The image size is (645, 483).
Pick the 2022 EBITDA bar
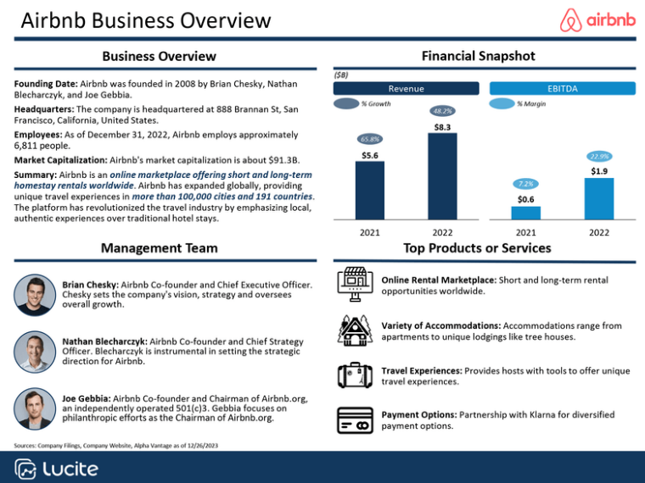pyautogui.click(x=599, y=198)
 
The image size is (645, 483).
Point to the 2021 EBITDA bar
pyautogui.click(x=525, y=213)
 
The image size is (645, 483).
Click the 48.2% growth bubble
pyautogui.click(x=442, y=110)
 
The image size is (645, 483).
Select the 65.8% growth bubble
pyautogui.click(x=369, y=139)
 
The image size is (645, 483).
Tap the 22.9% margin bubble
pyautogui.click(x=599, y=157)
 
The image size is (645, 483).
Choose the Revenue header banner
pyautogui.click(x=406, y=88)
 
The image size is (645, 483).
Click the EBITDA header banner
pyautogui.click(x=563, y=88)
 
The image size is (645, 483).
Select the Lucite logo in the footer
pyautogui.click(x=57, y=469)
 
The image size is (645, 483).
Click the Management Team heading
pyautogui.click(x=159, y=248)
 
